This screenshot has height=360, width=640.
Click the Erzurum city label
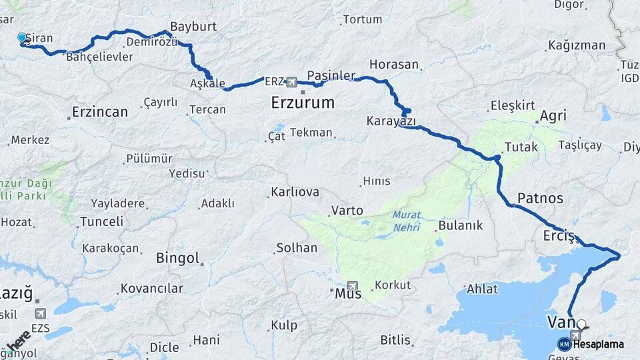pyautogui.click(x=303, y=103)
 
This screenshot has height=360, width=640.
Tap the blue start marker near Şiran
pyautogui.click(x=22, y=38)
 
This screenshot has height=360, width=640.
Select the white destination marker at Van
pyautogui.click(x=581, y=325)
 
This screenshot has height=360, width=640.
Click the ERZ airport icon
pyautogui.click(x=291, y=82)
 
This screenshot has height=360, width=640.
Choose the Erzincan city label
pyautogui.click(x=100, y=112)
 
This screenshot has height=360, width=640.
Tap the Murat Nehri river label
pyautogui.click(x=406, y=221)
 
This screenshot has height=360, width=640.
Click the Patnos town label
pyautogui.click(x=540, y=198)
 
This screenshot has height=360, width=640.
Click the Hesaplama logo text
pyautogui.click(x=599, y=344)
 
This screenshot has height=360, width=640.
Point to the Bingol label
pyautogui.click(x=177, y=258)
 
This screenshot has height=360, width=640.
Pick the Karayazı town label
pyautogui.click(x=391, y=121)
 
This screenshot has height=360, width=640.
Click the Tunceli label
pyautogui.click(x=101, y=221)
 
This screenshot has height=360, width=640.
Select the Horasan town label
pyautogui.click(x=394, y=65)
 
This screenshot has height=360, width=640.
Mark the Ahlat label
pyautogui.click(x=482, y=289)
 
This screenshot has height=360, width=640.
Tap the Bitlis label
pyautogui.click(x=395, y=340)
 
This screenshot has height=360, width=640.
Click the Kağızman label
pyautogui.click(x=576, y=45)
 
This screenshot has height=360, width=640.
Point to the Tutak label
pyautogui.click(x=521, y=147)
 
